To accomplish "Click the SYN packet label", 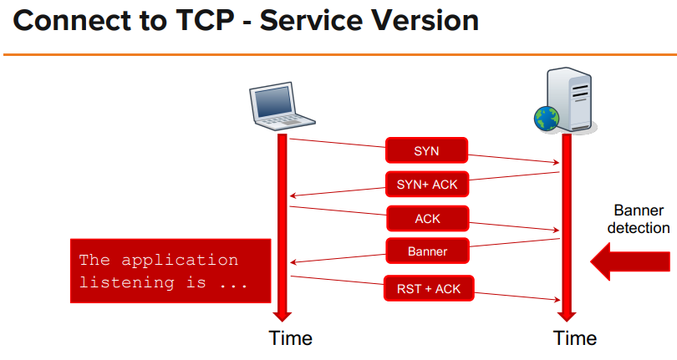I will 426,150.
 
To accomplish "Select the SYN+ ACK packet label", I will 427,185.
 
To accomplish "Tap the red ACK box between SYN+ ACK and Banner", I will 427,218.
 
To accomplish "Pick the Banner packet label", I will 427,251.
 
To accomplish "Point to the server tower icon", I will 570,99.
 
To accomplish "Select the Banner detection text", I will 639,219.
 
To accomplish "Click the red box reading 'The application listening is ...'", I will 171,271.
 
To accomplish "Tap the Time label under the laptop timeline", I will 290,338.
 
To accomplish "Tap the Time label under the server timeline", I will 575,338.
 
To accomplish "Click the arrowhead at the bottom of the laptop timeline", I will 283,315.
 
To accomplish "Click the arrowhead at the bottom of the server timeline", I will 567,315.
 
